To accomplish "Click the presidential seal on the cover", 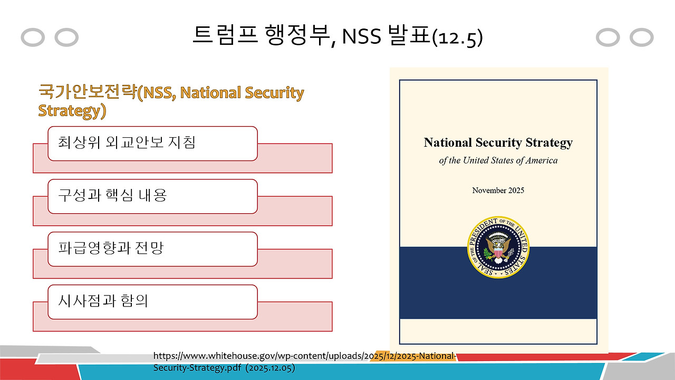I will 498,247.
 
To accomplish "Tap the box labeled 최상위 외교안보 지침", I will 152,143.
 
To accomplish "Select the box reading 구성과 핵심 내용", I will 152,196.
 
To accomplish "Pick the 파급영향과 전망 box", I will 152,249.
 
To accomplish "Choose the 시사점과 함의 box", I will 152,301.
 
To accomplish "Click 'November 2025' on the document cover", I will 498,190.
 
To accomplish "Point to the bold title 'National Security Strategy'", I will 498,142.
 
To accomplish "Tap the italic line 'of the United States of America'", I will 498,160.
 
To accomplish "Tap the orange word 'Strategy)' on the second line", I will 72,111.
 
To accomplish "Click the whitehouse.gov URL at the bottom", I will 304,356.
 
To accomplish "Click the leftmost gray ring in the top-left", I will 33,37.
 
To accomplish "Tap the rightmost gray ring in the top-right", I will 642,37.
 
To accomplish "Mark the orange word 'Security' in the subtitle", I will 274,93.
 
